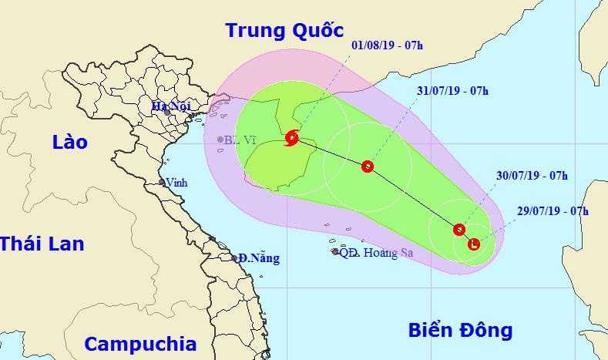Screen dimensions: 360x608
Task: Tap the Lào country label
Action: tap(70, 142)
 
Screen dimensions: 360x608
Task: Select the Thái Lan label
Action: tap(42, 244)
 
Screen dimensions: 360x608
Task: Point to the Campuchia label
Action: tap(140, 344)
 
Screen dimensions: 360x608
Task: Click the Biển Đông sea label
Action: tap(459, 331)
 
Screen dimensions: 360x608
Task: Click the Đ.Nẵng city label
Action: tap(259, 257)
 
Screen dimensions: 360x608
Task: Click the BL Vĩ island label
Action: tap(240, 140)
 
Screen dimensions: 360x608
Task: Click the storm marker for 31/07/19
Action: tap(368, 166)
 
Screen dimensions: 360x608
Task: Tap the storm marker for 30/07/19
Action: tap(459, 229)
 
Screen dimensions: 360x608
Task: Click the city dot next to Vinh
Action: tap(162, 183)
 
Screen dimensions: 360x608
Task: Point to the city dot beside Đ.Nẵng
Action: tap(235, 258)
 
